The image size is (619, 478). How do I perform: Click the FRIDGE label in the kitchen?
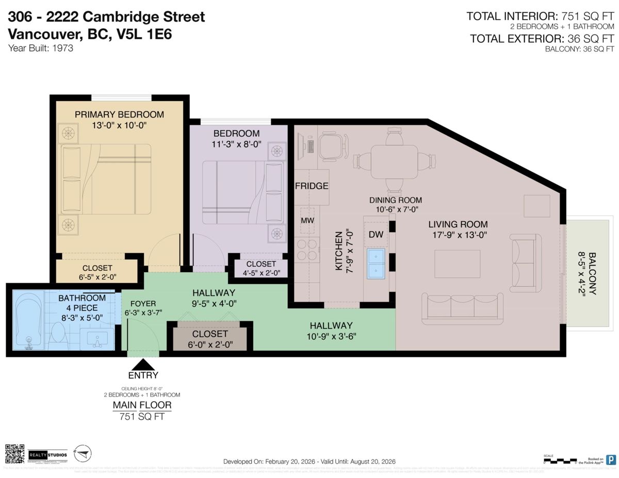[312, 186]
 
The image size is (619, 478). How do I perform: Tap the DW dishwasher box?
[376, 235]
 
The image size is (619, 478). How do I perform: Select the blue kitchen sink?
[376, 263]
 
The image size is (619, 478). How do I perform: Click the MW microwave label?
[307, 221]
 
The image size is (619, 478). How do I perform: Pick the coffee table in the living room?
[458, 263]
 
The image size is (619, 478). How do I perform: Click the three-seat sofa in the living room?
[462, 308]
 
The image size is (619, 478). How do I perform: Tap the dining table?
[395, 161]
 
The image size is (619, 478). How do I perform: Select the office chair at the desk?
[333, 146]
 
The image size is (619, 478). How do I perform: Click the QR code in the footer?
[15, 454]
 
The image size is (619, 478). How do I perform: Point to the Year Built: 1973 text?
[40, 48]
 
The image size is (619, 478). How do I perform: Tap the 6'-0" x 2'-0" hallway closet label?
[210, 344]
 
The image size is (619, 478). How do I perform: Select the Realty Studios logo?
[47, 454]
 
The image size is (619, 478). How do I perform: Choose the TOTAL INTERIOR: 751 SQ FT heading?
[540, 16]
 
